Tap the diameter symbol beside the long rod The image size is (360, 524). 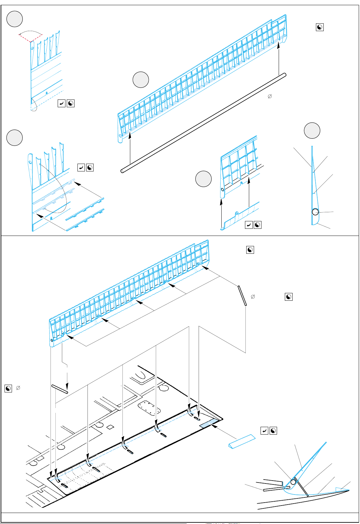[x=269, y=96]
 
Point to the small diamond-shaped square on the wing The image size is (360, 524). [x=110, y=427]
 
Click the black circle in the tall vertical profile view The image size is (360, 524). [x=315, y=212]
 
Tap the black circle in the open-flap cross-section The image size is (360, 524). [x=293, y=482]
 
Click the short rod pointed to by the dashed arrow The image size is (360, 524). [x=60, y=389]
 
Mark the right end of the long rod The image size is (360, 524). [x=284, y=75]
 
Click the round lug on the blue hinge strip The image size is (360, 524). [x=237, y=213]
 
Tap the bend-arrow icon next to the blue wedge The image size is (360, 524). [x=264, y=431]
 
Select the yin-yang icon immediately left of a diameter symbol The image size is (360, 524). [x=8, y=388]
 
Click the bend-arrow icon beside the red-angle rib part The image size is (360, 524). [x=61, y=103]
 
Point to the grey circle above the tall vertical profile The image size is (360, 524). [x=312, y=131]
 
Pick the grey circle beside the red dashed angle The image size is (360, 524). [x=15, y=19]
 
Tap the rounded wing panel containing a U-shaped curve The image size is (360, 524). [x=142, y=376]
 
